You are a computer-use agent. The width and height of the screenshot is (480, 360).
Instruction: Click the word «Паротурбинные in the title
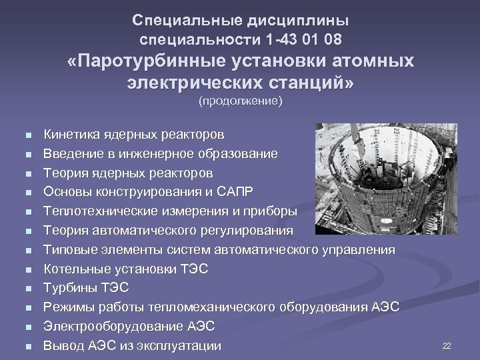click(143, 61)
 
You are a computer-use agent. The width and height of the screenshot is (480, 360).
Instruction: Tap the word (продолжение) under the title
click(240, 101)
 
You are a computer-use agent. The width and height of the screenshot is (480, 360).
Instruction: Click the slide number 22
click(447, 345)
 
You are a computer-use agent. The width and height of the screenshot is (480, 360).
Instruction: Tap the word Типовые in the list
click(69, 250)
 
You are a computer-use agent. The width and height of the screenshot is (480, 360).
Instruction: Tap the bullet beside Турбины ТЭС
click(26, 289)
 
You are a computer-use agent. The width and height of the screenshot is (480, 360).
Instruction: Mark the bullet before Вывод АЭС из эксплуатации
click(26, 347)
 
